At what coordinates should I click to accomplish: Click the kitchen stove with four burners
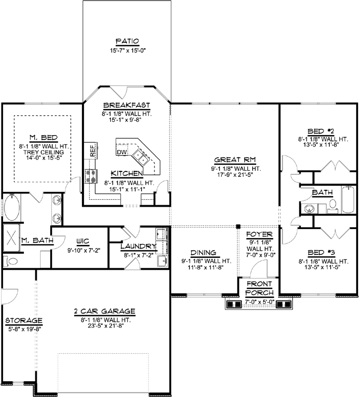point(92,175)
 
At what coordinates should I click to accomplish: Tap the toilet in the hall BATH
point(333,204)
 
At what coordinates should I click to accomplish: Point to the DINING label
point(204,252)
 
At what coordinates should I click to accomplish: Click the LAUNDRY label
point(138,245)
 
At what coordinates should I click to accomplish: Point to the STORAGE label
point(24,320)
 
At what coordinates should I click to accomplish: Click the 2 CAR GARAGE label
point(105,311)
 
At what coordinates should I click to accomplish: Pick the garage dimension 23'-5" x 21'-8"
point(105,326)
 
